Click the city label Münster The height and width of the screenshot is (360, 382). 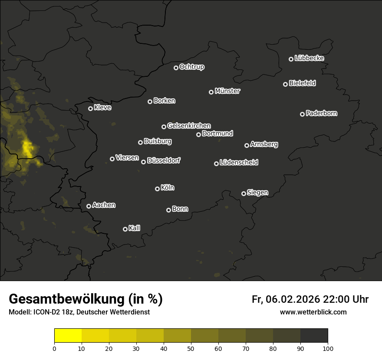(227, 91)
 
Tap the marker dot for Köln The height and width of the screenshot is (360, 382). (157, 189)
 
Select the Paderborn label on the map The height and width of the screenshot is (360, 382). (321, 113)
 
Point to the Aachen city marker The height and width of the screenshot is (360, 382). (89, 206)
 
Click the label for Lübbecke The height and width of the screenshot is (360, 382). (309, 58)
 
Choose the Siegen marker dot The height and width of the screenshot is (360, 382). (244, 193)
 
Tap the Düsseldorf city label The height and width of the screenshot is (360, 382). (164, 160)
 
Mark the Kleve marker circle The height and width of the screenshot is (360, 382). (90, 108)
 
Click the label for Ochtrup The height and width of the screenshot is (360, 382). (191, 67)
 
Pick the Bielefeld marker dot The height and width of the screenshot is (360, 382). (285, 84)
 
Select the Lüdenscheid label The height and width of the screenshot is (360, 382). (239, 163)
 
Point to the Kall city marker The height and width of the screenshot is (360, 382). (125, 229)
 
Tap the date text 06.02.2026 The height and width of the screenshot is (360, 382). (293, 299)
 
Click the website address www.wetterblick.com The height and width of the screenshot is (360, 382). (313, 312)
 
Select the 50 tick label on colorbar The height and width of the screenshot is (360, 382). (191, 348)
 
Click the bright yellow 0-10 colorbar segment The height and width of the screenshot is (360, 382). (68, 335)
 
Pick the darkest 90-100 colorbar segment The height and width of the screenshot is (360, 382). (314, 335)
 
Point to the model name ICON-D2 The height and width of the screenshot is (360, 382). (43, 312)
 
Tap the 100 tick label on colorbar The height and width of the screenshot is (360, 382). (328, 348)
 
